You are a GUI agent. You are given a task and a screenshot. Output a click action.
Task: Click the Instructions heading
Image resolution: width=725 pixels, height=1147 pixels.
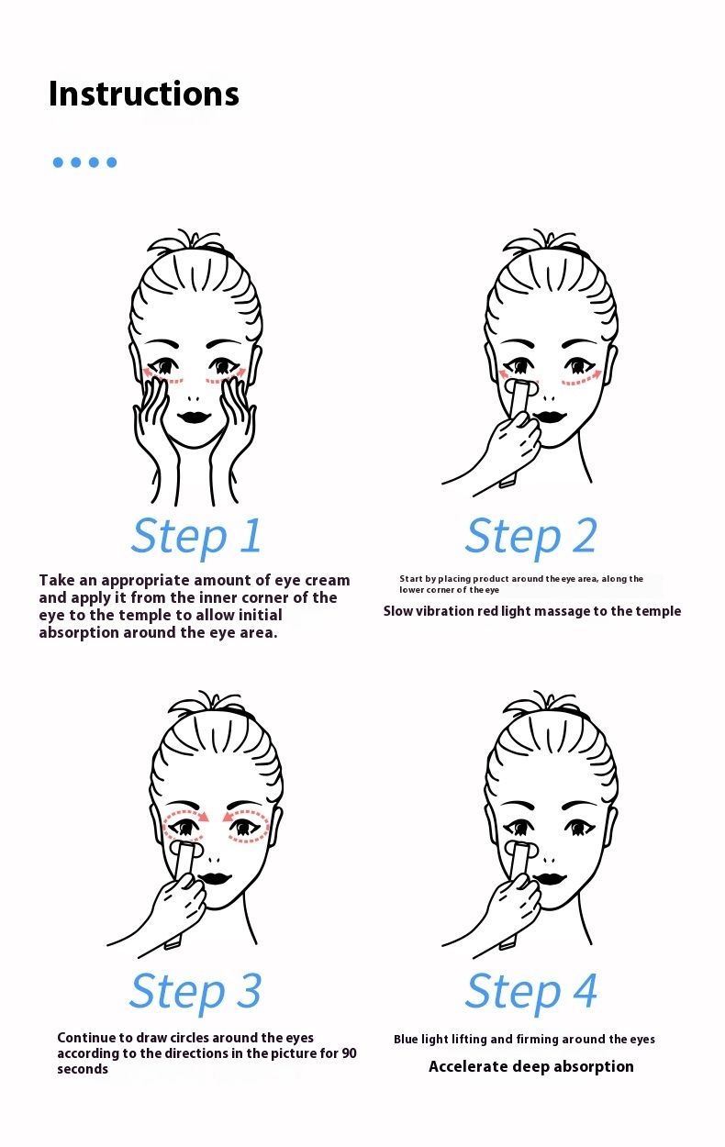(144, 94)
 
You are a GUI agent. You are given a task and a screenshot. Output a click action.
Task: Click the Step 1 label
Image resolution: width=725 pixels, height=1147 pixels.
(196, 536)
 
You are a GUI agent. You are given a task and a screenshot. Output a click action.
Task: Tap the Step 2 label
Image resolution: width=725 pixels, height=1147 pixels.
(531, 536)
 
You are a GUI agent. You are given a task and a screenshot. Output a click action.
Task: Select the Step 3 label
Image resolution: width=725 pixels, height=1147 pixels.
(195, 991)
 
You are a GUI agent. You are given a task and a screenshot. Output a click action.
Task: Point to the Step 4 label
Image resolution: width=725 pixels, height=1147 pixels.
(531, 991)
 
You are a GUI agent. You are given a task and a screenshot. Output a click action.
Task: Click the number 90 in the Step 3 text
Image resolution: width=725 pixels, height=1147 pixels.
(349, 1053)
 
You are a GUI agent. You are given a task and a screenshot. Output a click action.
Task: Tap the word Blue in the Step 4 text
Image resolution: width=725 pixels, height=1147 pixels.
(406, 1039)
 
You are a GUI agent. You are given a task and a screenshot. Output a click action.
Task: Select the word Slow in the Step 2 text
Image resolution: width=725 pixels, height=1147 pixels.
(397, 611)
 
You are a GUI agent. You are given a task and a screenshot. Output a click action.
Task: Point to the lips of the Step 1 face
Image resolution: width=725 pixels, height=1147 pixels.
(194, 417)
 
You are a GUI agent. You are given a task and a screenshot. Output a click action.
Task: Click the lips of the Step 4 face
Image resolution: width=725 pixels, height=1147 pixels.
(550, 877)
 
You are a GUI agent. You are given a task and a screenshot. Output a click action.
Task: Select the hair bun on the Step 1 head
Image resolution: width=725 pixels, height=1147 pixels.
(191, 241)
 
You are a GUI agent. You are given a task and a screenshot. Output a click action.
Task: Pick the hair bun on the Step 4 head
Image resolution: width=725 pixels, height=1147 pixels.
(545, 703)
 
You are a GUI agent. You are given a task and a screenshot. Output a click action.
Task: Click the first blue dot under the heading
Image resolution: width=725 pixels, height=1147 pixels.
(59, 162)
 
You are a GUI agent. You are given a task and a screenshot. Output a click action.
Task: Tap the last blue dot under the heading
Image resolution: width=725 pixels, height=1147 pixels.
(112, 162)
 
